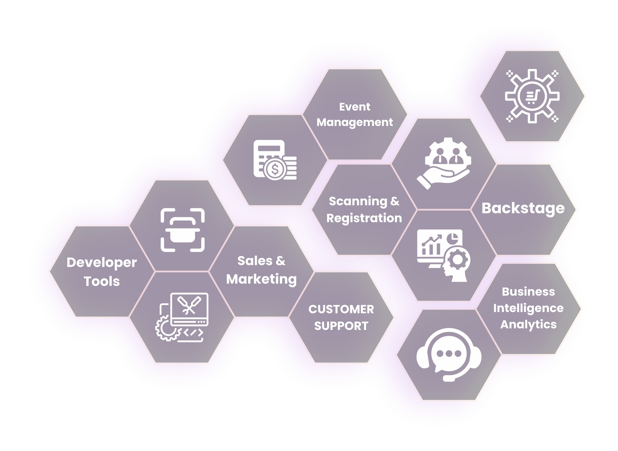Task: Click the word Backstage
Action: coord(523,209)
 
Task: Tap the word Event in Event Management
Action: coord(355,107)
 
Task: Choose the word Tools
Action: coord(102,281)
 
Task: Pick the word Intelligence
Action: coord(528,308)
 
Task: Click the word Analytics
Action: coord(528,325)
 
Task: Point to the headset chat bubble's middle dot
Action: coord(449,354)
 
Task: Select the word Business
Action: coord(528,292)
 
